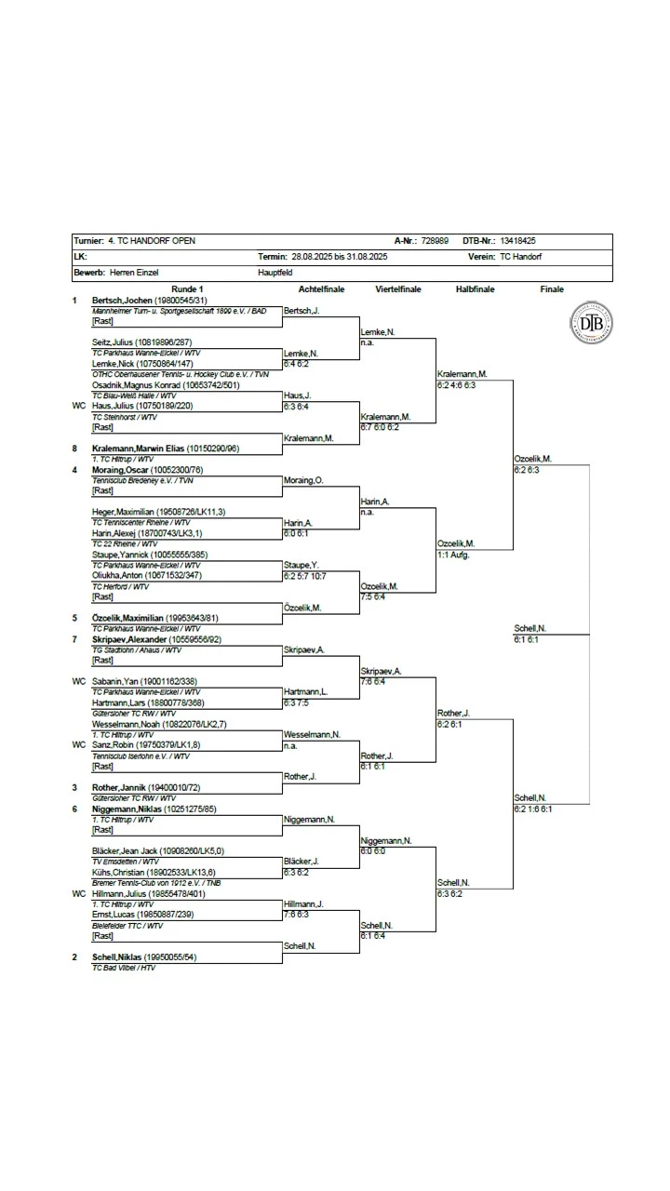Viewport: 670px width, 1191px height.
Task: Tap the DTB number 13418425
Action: point(517,241)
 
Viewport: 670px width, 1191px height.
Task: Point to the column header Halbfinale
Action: point(475,289)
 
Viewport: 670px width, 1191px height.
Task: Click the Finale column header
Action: point(552,289)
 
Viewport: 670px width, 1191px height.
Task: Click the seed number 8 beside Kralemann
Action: point(75,448)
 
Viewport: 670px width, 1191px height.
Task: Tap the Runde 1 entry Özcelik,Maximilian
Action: point(127,618)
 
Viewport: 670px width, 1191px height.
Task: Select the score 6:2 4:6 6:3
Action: point(457,384)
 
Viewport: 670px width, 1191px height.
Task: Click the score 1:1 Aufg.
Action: point(453,555)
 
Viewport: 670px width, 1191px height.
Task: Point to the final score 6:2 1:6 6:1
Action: point(532,809)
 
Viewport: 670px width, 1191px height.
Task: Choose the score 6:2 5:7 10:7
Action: point(305,576)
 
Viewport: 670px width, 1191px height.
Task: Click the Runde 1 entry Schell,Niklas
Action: point(116,957)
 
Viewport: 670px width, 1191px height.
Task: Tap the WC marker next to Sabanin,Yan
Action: point(78,682)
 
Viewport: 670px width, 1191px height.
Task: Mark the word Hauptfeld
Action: point(275,274)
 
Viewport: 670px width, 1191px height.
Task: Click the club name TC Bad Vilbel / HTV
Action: point(124,968)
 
